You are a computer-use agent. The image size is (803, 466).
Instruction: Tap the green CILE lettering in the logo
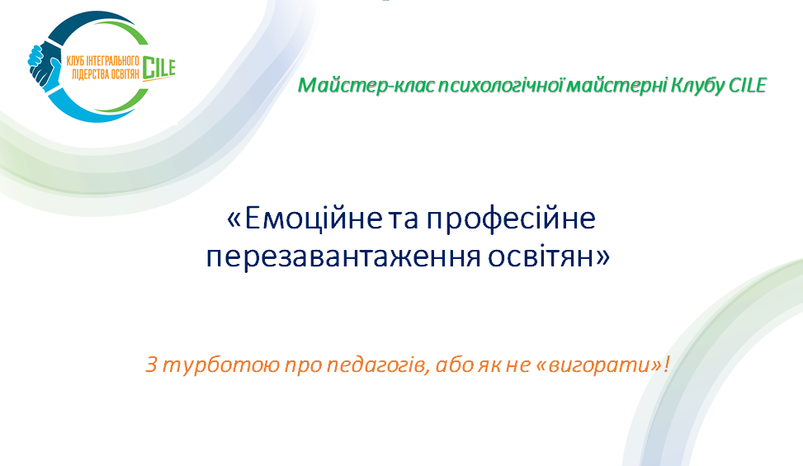[x=158, y=68]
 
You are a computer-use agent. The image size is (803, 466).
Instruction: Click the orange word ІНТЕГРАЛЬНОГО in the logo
[x=108, y=59]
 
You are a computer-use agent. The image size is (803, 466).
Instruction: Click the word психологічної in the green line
[x=483, y=85]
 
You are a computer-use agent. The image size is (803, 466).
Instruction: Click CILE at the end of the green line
[x=747, y=85]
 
